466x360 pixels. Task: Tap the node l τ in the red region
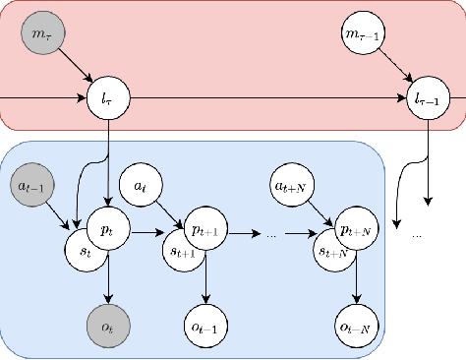tap(107, 99)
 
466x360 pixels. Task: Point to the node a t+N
tap(291, 184)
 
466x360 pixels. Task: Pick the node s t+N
tap(332, 251)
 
